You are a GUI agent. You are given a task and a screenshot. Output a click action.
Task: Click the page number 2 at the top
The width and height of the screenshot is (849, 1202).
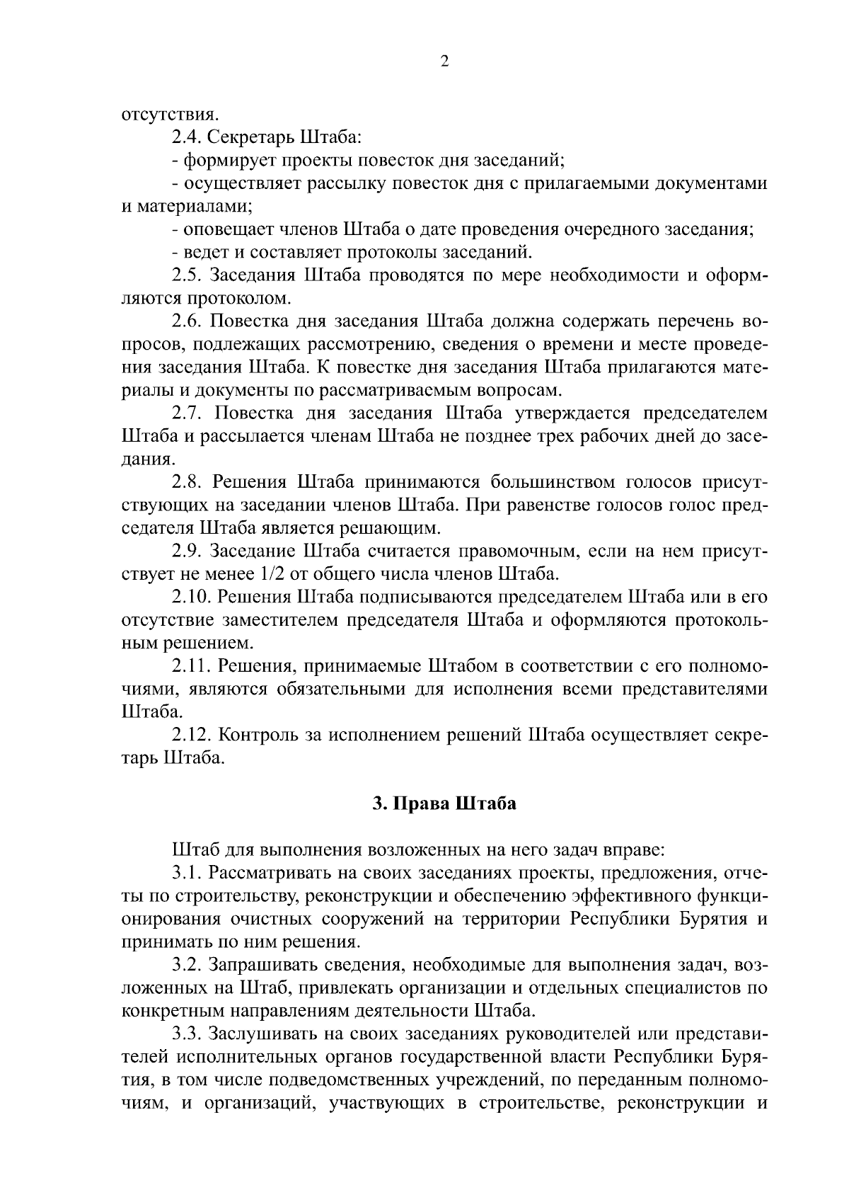pos(444,62)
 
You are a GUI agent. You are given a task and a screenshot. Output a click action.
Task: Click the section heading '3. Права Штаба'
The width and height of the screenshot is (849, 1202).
pos(444,804)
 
